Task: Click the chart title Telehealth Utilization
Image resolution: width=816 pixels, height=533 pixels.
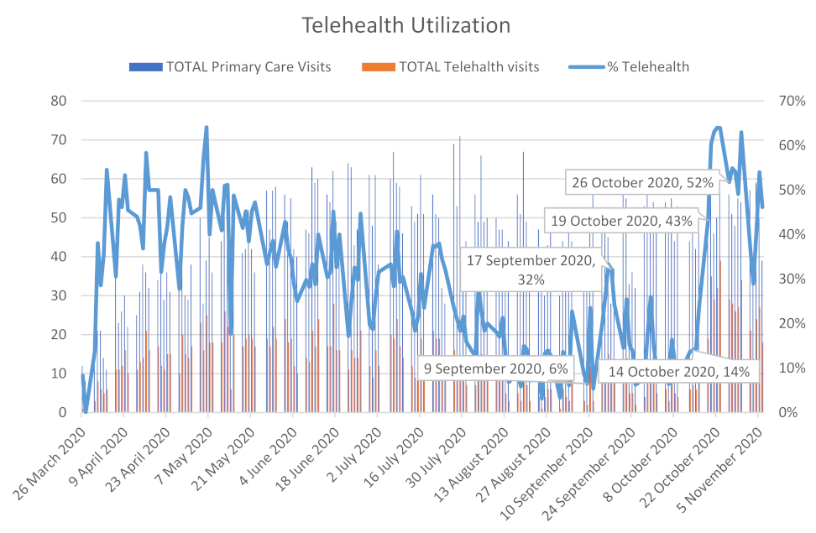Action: (406, 26)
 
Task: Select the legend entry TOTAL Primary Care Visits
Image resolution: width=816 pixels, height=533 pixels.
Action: (248, 66)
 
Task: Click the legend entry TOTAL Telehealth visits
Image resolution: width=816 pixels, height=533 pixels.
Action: (468, 66)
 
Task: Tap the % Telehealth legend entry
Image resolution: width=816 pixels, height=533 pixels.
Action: (647, 66)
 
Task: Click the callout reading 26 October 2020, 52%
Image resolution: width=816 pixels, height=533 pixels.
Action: (642, 181)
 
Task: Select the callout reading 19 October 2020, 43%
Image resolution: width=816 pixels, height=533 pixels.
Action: (620, 221)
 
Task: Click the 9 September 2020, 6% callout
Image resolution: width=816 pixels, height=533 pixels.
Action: (495, 368)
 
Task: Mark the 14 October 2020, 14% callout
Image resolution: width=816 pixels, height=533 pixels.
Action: (678, 372)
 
